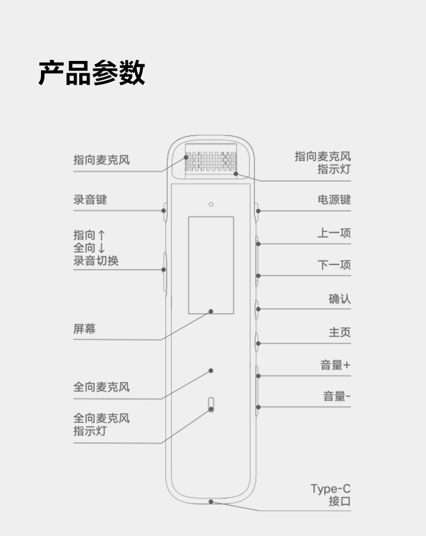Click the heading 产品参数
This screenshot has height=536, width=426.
(92, 73)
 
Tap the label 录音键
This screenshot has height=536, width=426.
(90, 200)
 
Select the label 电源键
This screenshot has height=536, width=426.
(334, 200)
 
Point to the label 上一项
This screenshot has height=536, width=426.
(334, 233)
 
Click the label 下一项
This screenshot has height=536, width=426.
(334, 265)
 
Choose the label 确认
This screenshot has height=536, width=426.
(340, 299)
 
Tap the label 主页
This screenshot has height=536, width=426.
(340, 332)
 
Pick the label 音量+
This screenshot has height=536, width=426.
(335, 365)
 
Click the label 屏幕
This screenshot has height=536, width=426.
(84, 329)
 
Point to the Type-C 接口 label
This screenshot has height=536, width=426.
(331, 496)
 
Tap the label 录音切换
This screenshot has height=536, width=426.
(96, 261)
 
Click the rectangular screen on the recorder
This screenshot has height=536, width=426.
(211, 265)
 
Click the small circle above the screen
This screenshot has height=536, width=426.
(211, 204)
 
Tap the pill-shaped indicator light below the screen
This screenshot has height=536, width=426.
(211, 404)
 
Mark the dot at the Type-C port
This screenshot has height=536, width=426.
(211, 501)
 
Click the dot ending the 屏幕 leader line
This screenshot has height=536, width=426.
(211, 311)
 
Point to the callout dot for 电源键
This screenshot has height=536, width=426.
(258, 210)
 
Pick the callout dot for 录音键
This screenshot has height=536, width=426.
(163, 210)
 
